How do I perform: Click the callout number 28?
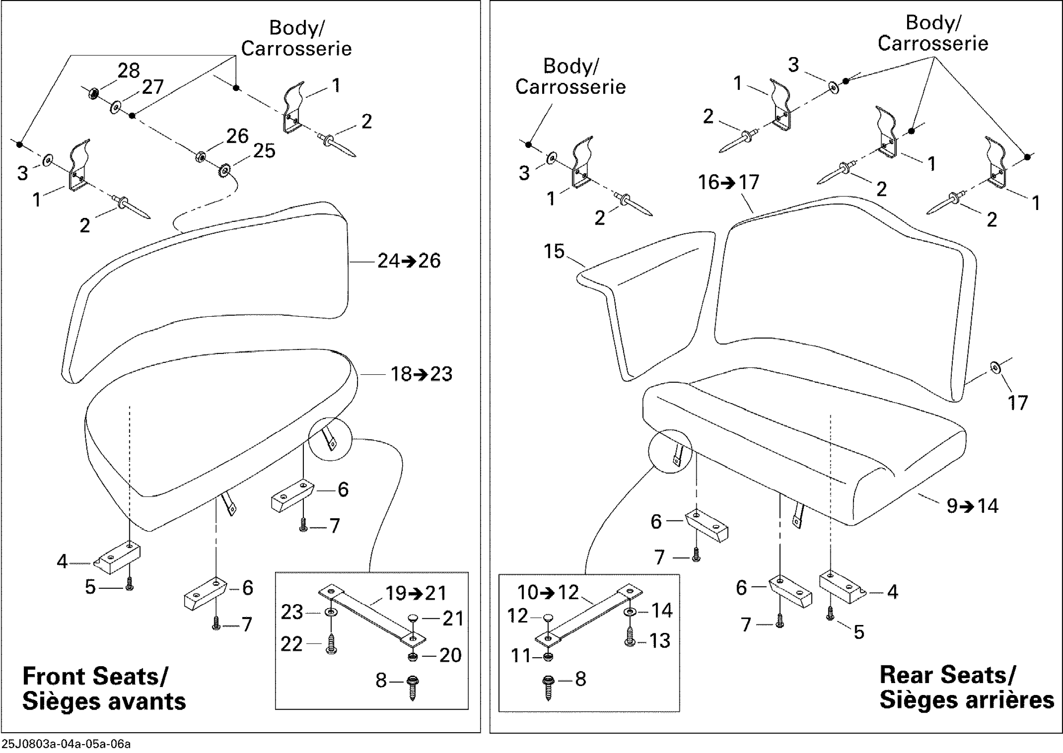point(128,71)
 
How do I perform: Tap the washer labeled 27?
point(115,108)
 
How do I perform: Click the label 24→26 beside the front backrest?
point(409,261)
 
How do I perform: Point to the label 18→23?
point(421,374)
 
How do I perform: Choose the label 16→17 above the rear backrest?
point(729,182)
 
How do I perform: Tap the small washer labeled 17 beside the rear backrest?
point(994,368)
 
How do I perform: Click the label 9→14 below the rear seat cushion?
point(973,506)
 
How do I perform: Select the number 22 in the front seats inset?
point(291,644)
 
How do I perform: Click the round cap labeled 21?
point(413,617)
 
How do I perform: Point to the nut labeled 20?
point(412,656)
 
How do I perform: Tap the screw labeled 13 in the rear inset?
point(629,637)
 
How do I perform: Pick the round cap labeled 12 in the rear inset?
point(548,617)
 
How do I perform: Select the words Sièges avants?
point(104,701)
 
